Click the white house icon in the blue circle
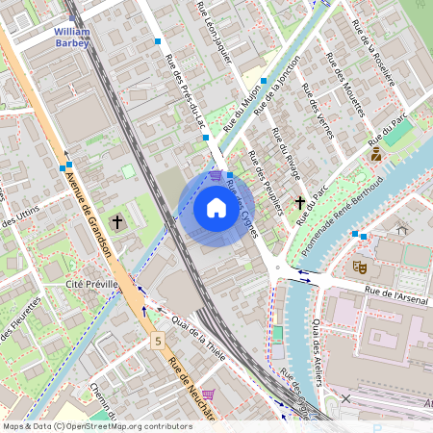(216, 207)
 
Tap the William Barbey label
(72, 37)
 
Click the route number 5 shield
(157, 341)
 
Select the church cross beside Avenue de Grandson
(117, 222)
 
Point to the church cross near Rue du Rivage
(300, 203)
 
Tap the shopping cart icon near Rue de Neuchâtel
(207, 395)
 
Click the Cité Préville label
(91, 285)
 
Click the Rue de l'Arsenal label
(395, 293)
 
